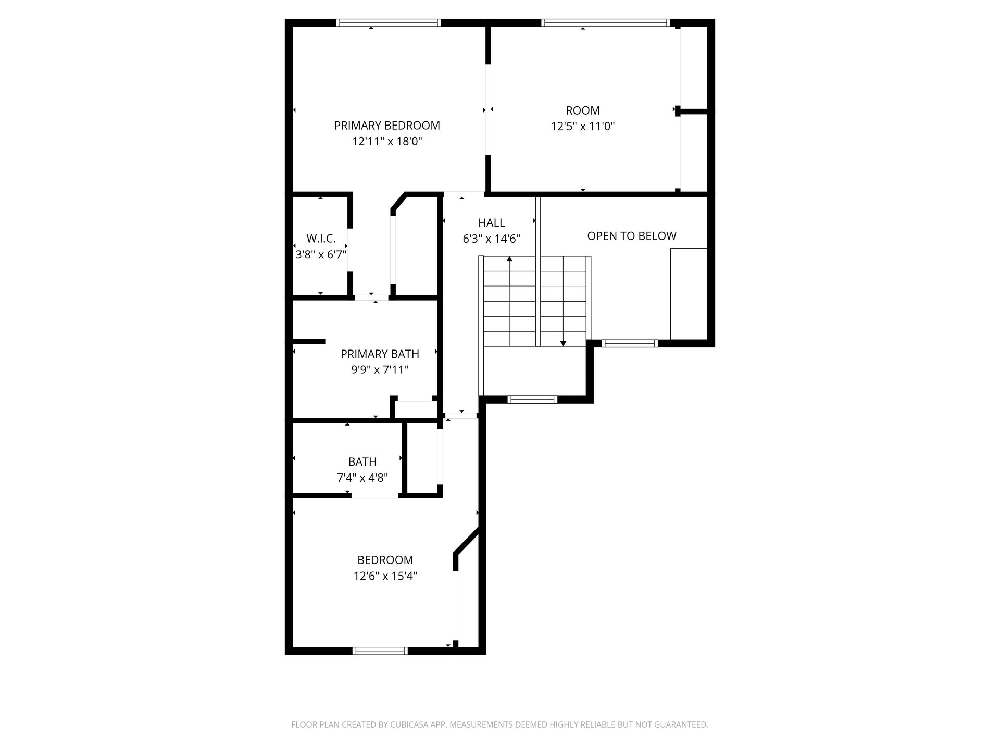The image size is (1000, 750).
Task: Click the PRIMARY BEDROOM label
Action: (387, 126)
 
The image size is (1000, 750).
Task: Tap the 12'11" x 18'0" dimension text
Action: (387, 142)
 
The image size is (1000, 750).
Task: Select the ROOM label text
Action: (583, 110)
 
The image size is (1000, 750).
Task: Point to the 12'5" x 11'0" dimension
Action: (583, 126)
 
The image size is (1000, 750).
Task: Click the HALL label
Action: (492, 223)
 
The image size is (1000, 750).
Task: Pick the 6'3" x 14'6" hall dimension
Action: (492, 239)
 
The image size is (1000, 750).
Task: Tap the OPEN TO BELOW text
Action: (632, 236)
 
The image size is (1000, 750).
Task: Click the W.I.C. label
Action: (321, 239)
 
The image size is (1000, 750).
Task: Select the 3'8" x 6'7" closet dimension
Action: (321, 255)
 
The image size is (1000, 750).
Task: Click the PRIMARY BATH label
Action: (380, 354)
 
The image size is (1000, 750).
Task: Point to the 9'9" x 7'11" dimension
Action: (380, 370)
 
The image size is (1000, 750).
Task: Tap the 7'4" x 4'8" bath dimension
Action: (362, 478)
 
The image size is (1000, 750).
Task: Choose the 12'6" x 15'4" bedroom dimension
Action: (385, 576)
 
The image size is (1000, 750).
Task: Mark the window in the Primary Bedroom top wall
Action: (389, 23)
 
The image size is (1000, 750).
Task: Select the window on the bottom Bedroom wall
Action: (380, 651)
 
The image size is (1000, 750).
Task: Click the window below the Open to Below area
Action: (630, 343)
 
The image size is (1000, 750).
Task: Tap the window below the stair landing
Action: (532, 399)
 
